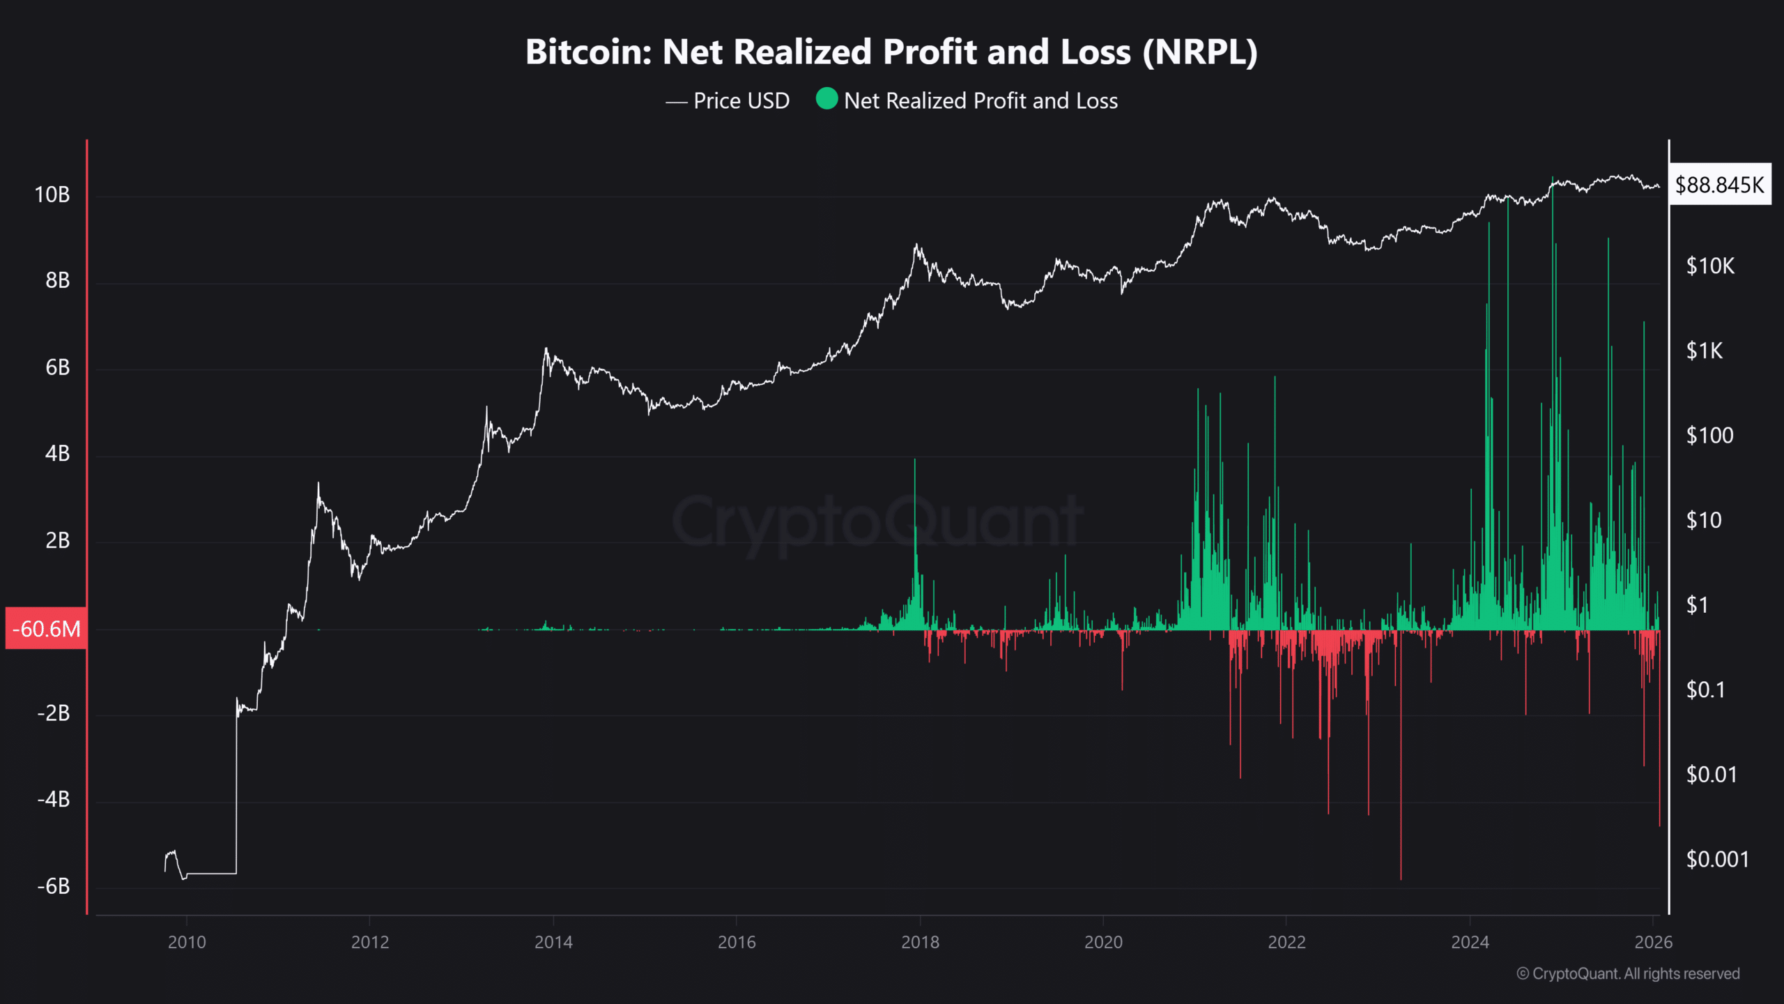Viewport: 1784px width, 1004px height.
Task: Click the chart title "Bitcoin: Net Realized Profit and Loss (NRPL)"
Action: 891,52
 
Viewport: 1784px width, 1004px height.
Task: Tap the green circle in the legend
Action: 826,99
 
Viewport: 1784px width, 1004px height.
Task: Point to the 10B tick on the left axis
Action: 52,195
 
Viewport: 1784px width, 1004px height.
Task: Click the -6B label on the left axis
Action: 54,886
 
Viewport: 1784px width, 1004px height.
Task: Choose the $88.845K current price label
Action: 1719,185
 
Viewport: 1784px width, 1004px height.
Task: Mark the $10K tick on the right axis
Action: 1710,266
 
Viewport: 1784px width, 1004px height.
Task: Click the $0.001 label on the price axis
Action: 1717,860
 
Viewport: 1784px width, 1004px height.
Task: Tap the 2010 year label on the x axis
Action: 187,943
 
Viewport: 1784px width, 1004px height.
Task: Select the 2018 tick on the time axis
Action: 920,943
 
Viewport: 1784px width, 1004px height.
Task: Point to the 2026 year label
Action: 1653,943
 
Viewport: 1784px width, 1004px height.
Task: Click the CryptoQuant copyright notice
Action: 1628,974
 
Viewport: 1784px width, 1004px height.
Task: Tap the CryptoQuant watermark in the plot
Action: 877,522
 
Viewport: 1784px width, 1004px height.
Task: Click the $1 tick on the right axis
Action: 1698,605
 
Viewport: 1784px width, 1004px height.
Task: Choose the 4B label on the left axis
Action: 57,454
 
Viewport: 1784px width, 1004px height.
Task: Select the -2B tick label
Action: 54,713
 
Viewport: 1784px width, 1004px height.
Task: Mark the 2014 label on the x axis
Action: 553,943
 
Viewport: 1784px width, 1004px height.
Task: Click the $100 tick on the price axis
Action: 1709,436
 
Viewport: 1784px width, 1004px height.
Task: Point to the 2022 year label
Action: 1286,943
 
